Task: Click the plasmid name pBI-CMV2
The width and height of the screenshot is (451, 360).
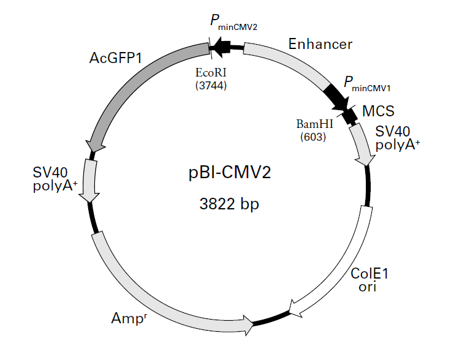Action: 230,173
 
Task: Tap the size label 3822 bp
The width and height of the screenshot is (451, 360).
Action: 229,204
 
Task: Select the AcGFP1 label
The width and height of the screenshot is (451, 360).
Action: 116,58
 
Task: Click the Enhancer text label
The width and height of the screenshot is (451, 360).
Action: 320,44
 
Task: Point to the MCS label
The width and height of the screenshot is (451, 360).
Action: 378,111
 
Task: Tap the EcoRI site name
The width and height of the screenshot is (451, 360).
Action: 211,73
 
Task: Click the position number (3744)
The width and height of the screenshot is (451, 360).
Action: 211,85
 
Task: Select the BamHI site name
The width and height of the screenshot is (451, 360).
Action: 315,124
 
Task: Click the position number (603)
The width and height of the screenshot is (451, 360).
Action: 313,137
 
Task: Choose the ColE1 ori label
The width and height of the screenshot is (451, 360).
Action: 370,280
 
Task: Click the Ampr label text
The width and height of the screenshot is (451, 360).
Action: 129,318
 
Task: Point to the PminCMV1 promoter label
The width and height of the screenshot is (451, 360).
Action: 367,84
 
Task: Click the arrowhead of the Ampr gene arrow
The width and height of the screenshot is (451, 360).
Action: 249,325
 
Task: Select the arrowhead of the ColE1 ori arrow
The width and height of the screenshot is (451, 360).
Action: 295,309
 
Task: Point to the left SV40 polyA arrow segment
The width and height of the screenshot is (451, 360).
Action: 89,181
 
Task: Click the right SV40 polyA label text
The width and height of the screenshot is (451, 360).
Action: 398,138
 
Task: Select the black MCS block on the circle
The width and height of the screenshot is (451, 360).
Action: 350,116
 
